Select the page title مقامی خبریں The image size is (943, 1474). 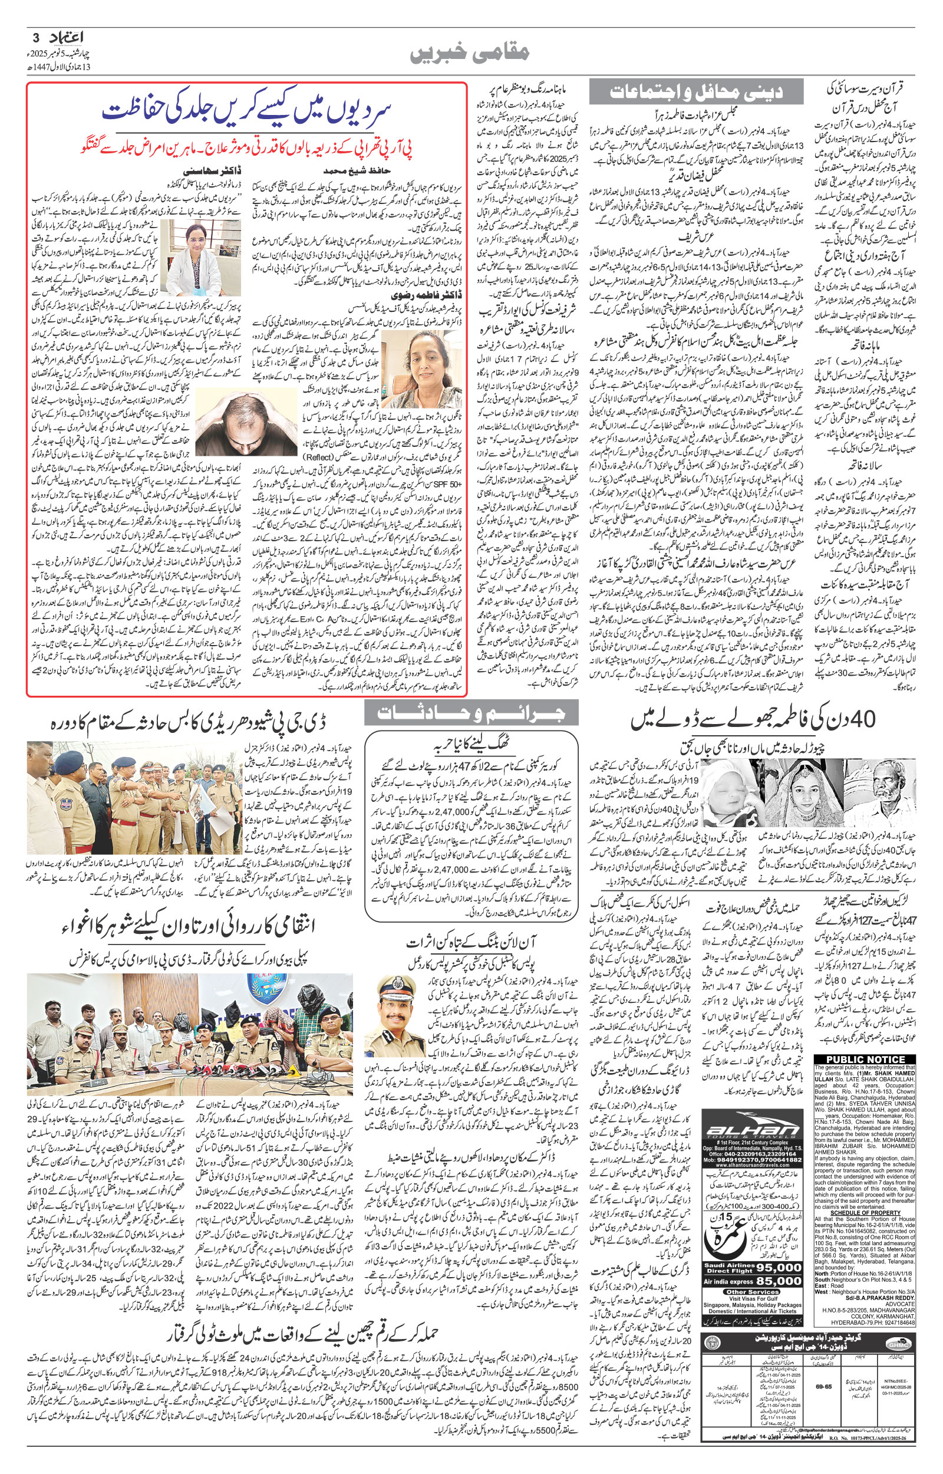point(471,54)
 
